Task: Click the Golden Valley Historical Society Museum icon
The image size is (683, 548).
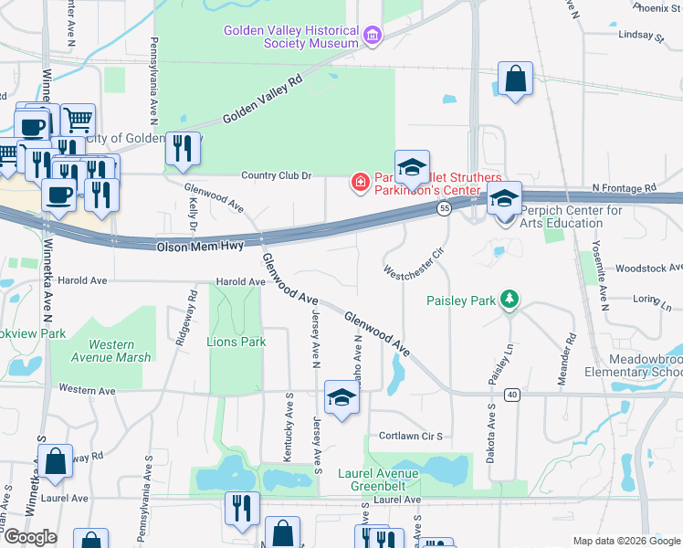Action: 372,37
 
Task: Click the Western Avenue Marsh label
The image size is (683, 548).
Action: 108,351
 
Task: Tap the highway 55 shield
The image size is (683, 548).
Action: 444,209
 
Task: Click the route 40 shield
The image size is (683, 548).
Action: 510,395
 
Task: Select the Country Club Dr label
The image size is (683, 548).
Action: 277,175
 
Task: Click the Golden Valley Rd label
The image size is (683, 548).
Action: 262,100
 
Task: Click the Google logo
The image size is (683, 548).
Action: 29,537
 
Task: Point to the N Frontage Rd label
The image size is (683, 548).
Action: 624,187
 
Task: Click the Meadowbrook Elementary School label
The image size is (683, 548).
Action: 633,365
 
